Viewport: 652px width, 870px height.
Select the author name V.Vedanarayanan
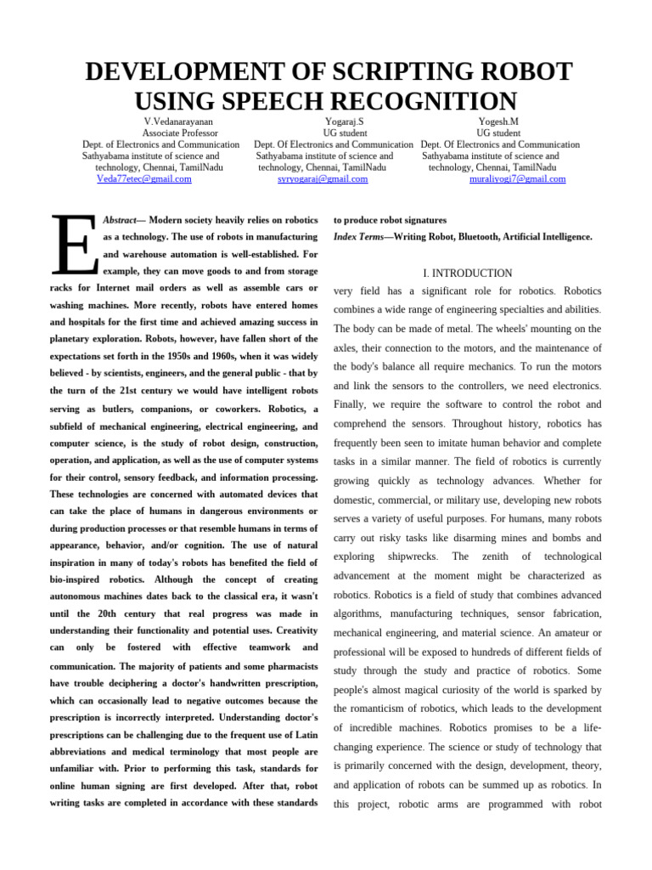point(178,121)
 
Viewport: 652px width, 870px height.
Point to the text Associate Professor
point(178,133)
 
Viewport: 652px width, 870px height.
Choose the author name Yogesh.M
point(498,121)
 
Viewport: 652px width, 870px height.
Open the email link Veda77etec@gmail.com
point(143,179)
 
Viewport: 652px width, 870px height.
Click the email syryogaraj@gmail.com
point(323,179)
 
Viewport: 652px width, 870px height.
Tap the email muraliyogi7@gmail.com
point(517,179)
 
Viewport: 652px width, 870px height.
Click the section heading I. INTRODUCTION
point(467,274)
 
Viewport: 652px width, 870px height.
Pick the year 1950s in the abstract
point(210,356)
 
